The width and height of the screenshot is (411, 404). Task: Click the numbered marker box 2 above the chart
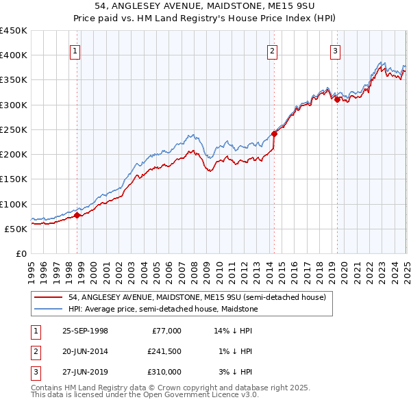(273, 50)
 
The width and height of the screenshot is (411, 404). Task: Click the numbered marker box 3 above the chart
(335, 50)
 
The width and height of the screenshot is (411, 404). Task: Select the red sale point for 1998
(77, 215)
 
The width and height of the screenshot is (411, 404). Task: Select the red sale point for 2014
(274, 134)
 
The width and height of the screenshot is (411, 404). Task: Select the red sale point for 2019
(337, 99)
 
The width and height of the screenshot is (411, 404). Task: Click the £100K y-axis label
(14, 204)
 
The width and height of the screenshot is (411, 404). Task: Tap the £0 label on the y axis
(21, 253)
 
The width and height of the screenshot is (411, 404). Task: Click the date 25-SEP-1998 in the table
(85, 331)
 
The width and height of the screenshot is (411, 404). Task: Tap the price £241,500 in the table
(164, 351)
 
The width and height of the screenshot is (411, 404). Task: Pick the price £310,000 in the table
(164, 372)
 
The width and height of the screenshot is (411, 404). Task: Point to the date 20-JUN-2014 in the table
(85, 351)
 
